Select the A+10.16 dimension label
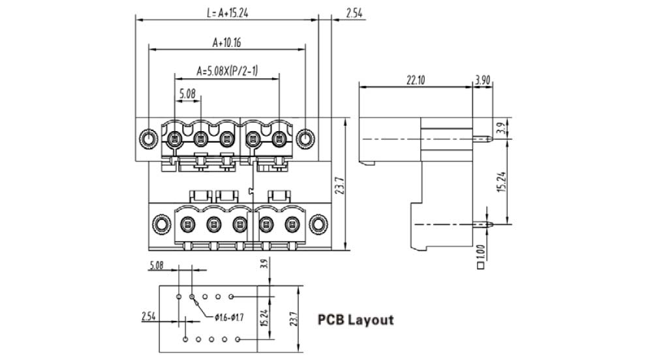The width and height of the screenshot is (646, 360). tap(227, 42)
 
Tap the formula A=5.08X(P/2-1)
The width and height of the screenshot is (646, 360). tap(227, 70)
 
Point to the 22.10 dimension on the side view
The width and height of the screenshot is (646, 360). tap(416, 80)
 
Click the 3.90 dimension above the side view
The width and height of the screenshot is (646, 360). tap(482, 80)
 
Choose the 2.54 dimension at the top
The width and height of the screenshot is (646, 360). tap(354, 12)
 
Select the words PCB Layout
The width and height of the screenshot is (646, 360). tap(356, 320)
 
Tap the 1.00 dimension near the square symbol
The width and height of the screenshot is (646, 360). tap(482, 250)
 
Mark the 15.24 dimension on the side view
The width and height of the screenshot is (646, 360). tap(500, 181)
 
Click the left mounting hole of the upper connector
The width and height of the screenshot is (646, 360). tap(148, 139)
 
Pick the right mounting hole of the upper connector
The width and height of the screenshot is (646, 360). tap(305, 139)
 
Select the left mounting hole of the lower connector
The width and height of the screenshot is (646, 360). tap(161, 225)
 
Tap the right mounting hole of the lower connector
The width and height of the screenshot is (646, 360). tap(318, 225)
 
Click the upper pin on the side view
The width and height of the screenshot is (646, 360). tap(484, 139)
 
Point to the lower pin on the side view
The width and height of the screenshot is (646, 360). tap(484, 224)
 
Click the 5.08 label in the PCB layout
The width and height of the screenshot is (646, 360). tap(156, 265)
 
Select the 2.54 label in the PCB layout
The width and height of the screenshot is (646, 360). tap(149, 316)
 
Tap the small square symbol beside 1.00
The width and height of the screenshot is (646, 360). tap(482, 265)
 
